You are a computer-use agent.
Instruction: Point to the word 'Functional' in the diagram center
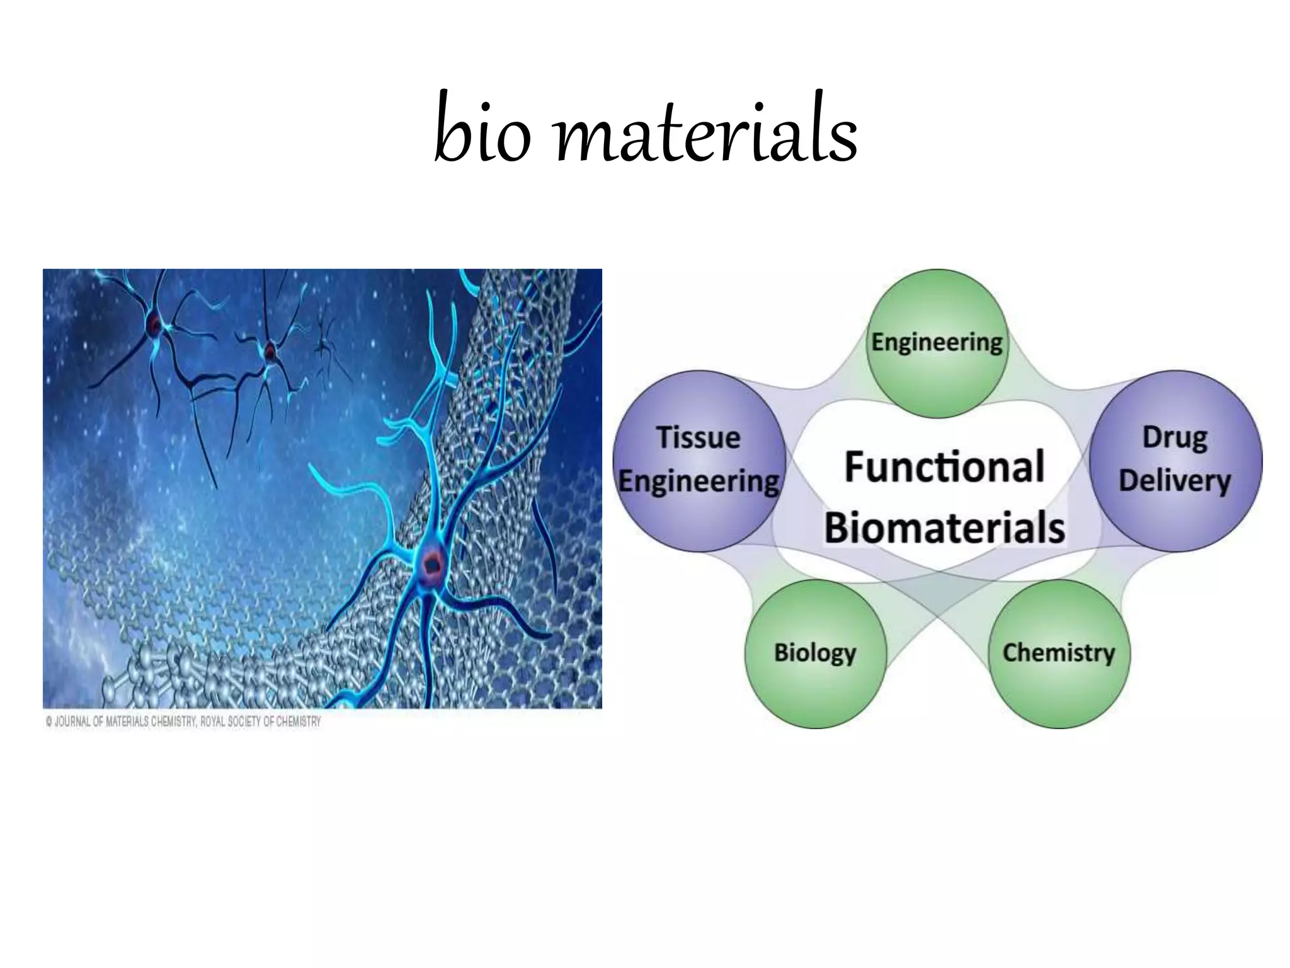point(944,467)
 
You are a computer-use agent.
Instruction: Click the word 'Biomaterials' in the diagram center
point(944,527)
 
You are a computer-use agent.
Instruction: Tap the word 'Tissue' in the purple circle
point(698,438)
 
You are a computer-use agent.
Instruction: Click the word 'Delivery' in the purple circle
point(1175,481)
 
